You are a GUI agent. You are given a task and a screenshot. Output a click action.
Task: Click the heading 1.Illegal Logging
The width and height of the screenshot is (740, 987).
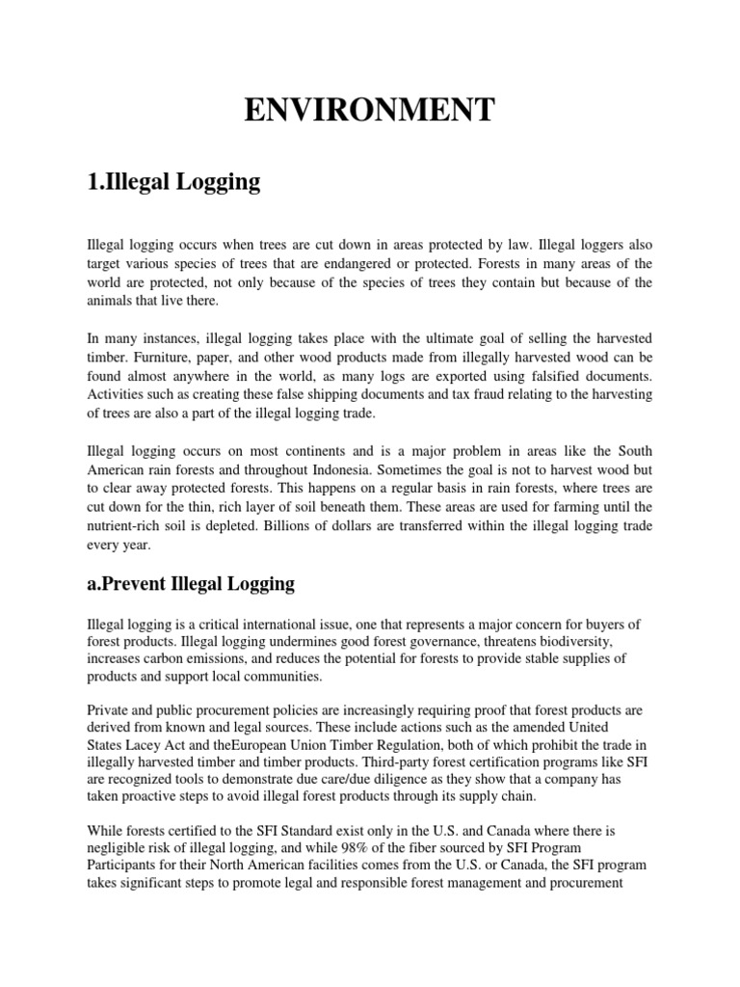(x=173, y=182)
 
